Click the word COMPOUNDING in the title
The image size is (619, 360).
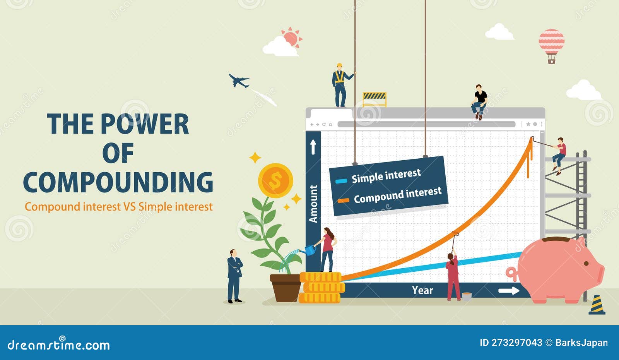pyautogui.click(x=118, y=182)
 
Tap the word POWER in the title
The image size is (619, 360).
pyautogui.click(x=145, y=124)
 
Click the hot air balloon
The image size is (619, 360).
pyautogui.click(x=551, y=46)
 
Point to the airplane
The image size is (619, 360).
pyautogui.click(x=239, y=81)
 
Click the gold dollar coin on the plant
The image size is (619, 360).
pyautogui.click(x=275, y=180)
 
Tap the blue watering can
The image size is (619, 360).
pyautogui.click(x=309, y=250)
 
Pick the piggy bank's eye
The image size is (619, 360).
pyautogui.click(x=587, y=264)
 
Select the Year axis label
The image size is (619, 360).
pyautogui.click(x=422, y=290)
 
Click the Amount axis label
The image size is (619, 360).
pyautogui.click(x=313, y=204)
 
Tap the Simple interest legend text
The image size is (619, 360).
pyautogui.click(x=386, y=176)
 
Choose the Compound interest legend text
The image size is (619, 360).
pyautogui.click(x=398, y=195)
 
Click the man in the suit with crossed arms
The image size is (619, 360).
pyautogui.click(x=234, y=276)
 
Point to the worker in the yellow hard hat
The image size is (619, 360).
pyautogui.click(x=341, y=85)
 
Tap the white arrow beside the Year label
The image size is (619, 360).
pyautogui.click(x=509, y=291)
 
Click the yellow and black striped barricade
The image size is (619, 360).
pyautogui.click(x=374, y=99)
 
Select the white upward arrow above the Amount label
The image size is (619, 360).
pyautogui.click(x=313, y=147)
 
